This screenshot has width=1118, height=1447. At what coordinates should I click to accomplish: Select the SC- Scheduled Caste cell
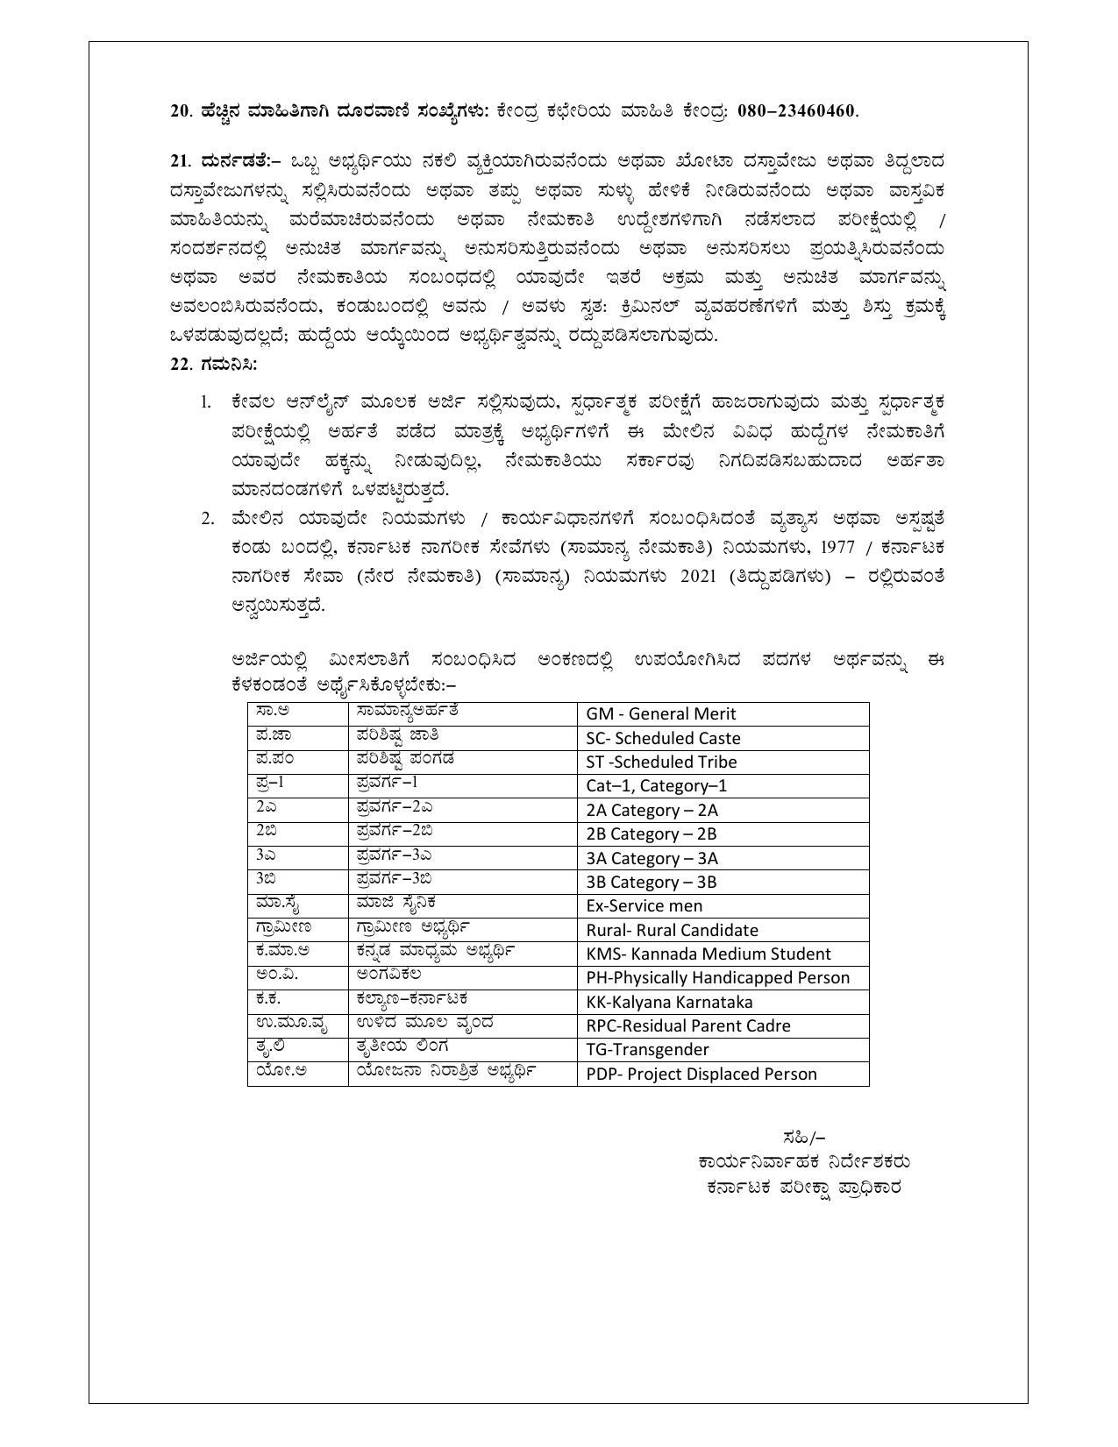(663, 739)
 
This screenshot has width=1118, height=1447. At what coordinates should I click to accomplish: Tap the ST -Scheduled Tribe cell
(661, 763)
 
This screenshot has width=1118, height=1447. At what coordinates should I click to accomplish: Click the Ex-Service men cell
(644, 906)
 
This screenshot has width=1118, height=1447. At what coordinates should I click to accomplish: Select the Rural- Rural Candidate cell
(672, 931)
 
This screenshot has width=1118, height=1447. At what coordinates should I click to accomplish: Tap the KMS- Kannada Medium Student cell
(709, 954)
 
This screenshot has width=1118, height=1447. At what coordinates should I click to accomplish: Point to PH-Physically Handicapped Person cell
(717, 978)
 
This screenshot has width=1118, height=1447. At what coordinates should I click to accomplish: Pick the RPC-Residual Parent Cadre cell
(687, 1026)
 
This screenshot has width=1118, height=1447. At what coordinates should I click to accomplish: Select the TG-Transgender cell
(647, 1050)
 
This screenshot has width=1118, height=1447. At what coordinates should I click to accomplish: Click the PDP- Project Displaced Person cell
(701, 1075)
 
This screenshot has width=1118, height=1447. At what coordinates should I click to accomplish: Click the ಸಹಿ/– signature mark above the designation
(803, 1138)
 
